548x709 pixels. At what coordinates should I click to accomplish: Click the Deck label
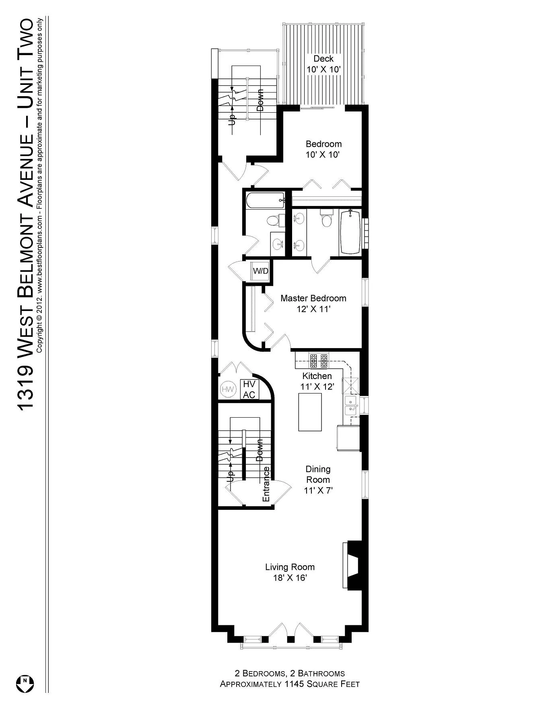click(323, 59)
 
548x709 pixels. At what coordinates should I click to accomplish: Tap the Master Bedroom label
click(313, 299)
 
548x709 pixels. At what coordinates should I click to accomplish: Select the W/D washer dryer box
click(260, 271)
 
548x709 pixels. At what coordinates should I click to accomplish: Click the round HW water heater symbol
click(228, 389)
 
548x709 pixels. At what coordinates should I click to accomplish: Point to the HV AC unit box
click(249, 390)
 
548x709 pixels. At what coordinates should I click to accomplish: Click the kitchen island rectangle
click(310, 412)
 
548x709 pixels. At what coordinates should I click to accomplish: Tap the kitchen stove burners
click(319, 361)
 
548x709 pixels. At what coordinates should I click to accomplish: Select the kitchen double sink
click(350, 405)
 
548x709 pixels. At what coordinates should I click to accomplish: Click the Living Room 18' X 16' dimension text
click(290, 578)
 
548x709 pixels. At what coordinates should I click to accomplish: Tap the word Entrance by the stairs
click(266, 484)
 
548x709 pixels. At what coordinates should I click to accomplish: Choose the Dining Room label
click(318, 474)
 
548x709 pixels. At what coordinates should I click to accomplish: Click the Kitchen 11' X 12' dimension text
click(317, 387)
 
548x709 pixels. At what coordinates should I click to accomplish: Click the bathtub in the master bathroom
click(350, 232)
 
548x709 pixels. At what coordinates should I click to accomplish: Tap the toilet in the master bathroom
click(326, 219)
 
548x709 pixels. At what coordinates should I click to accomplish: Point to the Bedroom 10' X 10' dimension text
click(323, 155)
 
